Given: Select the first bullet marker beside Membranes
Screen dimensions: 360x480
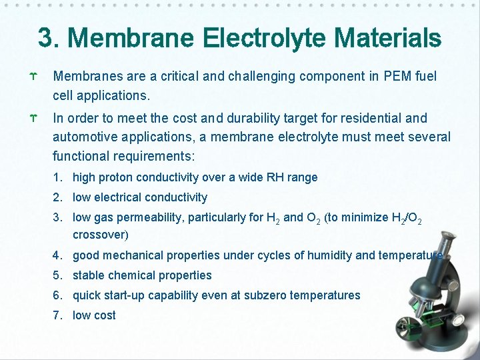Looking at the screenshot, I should coord(33,77).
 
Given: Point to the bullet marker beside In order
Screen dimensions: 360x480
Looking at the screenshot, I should coord(33,119).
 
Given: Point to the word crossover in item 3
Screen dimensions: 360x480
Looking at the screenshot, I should coord(99,235).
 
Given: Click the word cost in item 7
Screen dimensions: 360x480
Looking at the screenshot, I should coord(103,315).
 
